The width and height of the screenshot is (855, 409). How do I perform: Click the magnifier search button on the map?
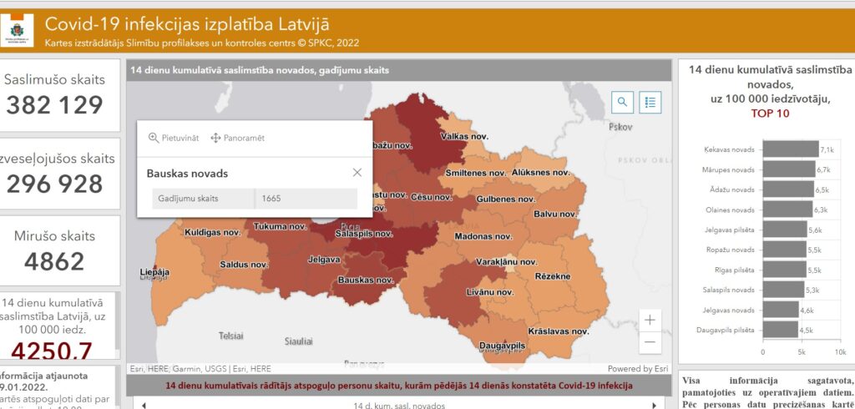tap(623, 102)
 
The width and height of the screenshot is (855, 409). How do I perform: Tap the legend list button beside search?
tap(651, 102)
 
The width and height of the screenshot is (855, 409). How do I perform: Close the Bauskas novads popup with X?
tap(357, 173)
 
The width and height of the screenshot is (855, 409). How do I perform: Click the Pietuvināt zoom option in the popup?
tap(174, 138)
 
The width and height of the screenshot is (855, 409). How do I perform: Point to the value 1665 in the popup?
tap(271, 199)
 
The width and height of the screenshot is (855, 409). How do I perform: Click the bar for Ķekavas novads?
tap(790, 149)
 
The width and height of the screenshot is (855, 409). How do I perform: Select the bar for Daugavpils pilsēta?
tap(780, 330)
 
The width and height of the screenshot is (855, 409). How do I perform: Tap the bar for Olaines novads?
tap(787, 210)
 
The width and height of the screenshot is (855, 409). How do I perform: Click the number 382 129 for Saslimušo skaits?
tap(55, 104)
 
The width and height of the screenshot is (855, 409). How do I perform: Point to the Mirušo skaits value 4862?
tap(55, 262)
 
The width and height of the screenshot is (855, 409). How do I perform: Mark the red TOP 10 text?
tap(770, 114)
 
